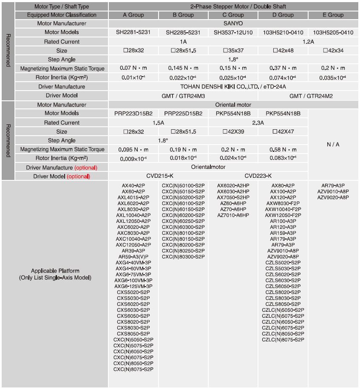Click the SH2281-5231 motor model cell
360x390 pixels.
point(133,32)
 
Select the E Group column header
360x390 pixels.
point(333,15)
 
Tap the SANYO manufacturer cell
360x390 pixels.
point(232,23)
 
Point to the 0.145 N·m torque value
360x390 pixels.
point(183,68)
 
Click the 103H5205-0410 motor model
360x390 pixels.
point(333,32)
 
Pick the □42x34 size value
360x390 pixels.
point(333,51)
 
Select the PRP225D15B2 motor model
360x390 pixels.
point(183,114)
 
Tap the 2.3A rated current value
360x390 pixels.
point(258,122)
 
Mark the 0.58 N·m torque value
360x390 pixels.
point(283,150)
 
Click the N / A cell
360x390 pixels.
point(333,145)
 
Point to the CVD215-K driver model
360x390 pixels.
point(158,176)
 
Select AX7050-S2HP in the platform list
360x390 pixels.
point(233,197)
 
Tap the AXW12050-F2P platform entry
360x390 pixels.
point(283,215)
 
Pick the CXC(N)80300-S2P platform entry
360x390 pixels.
point(183,257)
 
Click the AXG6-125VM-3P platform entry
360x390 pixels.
point(133,286)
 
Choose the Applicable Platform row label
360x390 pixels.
point(55,274)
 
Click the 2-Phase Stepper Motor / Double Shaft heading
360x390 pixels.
point(232,6)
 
